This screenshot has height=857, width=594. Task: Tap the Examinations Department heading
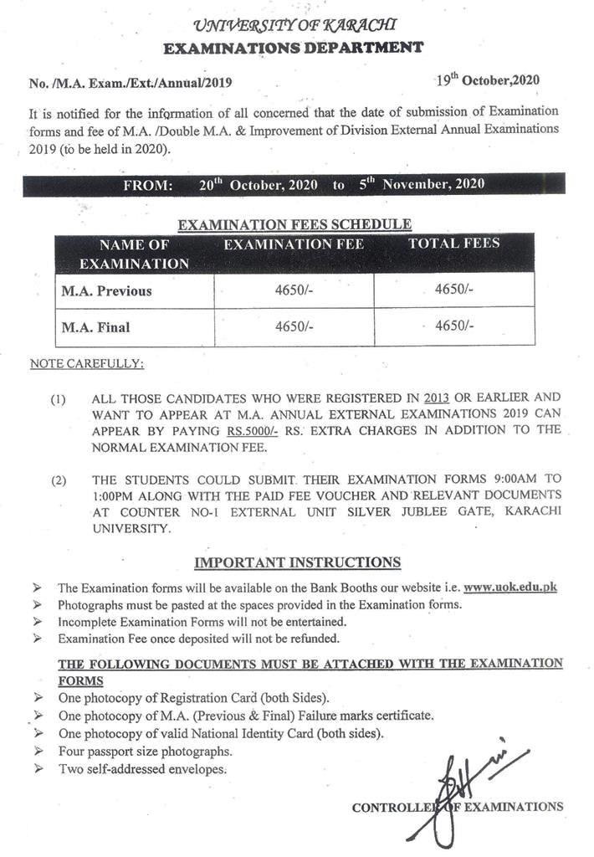tap(293, 48)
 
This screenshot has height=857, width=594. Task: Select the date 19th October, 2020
tap(487, 80)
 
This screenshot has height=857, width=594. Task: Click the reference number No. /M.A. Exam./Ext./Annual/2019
tap(131, 83)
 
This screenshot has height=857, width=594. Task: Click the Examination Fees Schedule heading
tap(294, 223)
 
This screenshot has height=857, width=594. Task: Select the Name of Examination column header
tap(134, 254)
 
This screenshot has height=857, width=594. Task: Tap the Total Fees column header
tap(453, 244)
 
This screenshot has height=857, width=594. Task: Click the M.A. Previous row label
tap(107, 290)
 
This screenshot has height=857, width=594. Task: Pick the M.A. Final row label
tap(95, 327)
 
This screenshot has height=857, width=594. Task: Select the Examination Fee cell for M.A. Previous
tap(294, 290)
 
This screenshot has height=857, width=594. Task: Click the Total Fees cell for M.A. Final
tap(454, 326)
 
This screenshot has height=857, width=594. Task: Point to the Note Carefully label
tap(86, 364)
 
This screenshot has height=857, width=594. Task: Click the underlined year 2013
tap(437, 397)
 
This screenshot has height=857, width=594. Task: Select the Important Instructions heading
tap(297, 562)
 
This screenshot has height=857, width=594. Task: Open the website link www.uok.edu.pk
tap(510, 588)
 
